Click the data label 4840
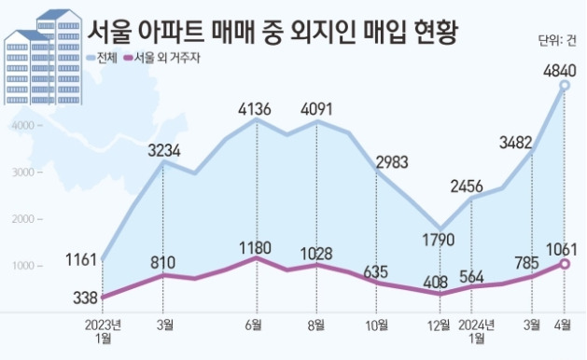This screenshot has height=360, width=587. (x=559, y=70)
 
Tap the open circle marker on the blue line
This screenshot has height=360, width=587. (x=565, y=86)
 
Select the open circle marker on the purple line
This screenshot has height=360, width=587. (x=565, y=264)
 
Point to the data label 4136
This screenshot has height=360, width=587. (x=255, y=109)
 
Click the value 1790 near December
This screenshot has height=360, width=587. (x=438, y=240)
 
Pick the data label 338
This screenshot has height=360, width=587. (x=85, y=298)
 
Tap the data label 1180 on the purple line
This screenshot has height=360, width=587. (x=255, y=248)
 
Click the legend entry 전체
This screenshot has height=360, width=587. (x=102, y=58)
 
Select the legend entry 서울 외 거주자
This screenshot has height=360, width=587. (x=162, y=58)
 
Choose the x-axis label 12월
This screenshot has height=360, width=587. (x=439, y=325)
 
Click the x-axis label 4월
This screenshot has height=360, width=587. (x=563, y=325)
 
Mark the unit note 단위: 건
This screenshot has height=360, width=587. (x=557, y=40)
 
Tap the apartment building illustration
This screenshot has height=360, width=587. (x=43, y=57)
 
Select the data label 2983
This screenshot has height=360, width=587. (x=392, y=162)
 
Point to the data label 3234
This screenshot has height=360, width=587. (x=164, y=151)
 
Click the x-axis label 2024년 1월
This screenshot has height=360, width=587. (x=476, y=331)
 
